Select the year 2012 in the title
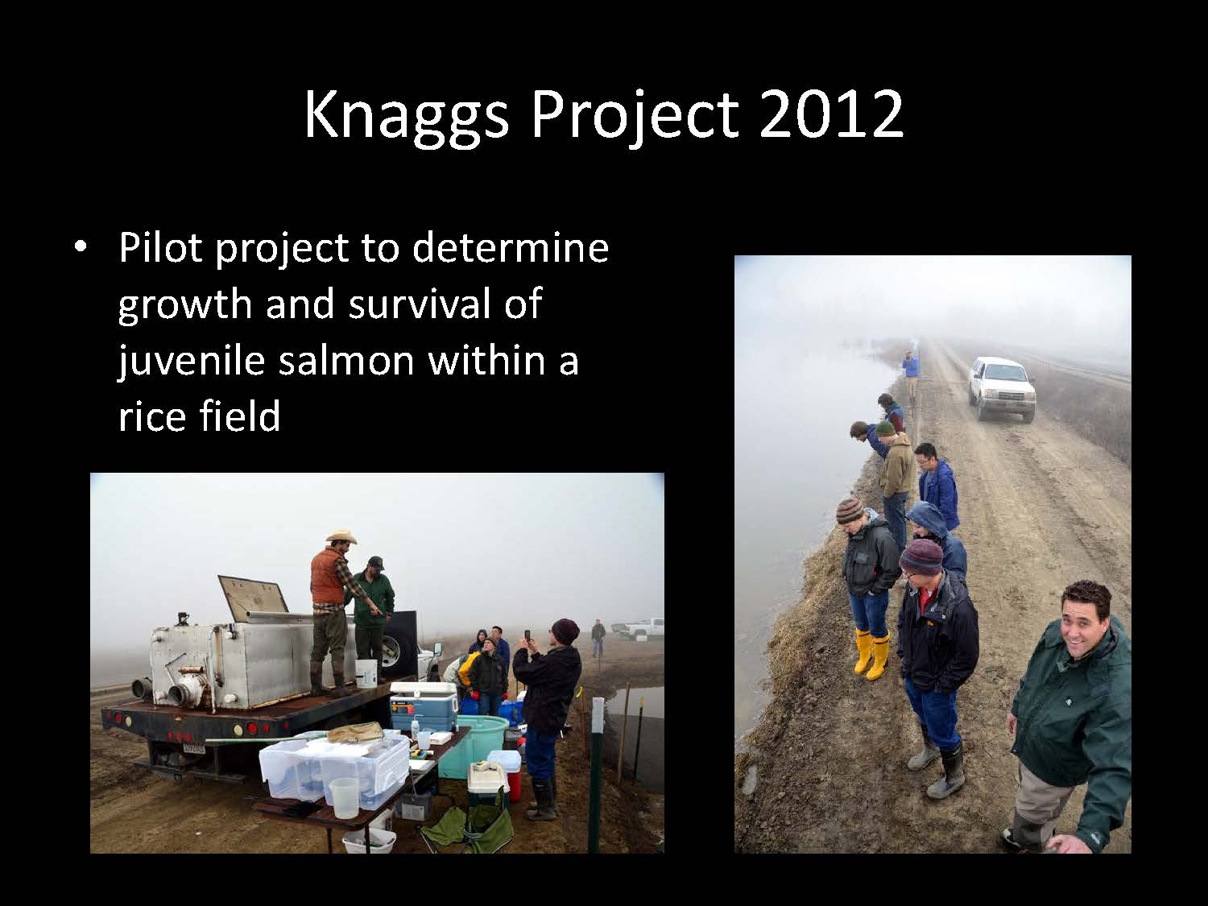(x=831, y=115)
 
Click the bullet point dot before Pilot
(x=81, y=247)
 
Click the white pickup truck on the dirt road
(x=1001, y=388)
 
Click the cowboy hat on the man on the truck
(x=341, y=536)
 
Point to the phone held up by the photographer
(x=527, y=636)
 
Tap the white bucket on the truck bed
(x=366, y=673)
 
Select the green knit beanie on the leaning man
(x=886, y=428)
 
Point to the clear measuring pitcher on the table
(x=343, y=797)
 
